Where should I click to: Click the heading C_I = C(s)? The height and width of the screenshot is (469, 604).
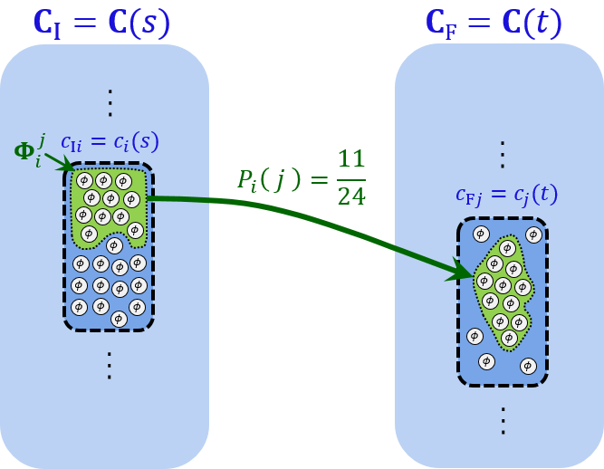101,22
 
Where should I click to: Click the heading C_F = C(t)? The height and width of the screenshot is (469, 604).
494,22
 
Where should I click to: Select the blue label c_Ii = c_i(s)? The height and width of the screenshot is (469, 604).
110,142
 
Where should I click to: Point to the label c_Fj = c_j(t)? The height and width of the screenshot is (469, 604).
506,194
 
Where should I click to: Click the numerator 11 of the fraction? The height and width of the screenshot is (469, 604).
350,159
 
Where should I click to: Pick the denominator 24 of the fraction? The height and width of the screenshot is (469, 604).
350,194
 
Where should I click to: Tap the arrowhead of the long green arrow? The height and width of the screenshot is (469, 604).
459,272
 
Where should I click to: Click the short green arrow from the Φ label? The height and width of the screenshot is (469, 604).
56,163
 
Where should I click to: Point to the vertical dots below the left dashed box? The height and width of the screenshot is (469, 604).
110,364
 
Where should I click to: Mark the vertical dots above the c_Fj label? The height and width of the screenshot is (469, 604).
502,154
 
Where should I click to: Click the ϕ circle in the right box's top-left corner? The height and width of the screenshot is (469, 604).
481,234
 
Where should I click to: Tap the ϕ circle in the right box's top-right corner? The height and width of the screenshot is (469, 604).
533,234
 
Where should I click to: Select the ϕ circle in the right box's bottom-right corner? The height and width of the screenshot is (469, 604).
528,366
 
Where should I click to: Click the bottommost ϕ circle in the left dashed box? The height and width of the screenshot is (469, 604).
118,319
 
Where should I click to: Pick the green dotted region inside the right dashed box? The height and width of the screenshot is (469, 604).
503,290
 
